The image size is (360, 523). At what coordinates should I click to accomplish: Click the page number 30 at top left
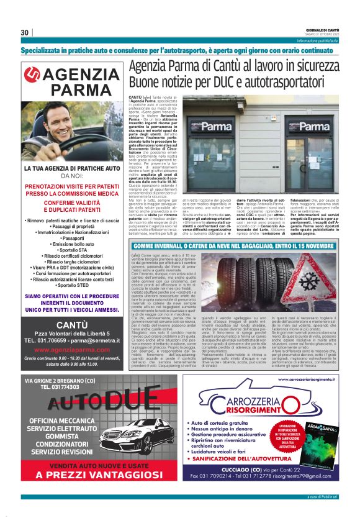pos(24,32)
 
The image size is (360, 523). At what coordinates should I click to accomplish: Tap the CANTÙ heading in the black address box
pos(71,325)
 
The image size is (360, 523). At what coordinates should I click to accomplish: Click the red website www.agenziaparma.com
pos(71,350)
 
